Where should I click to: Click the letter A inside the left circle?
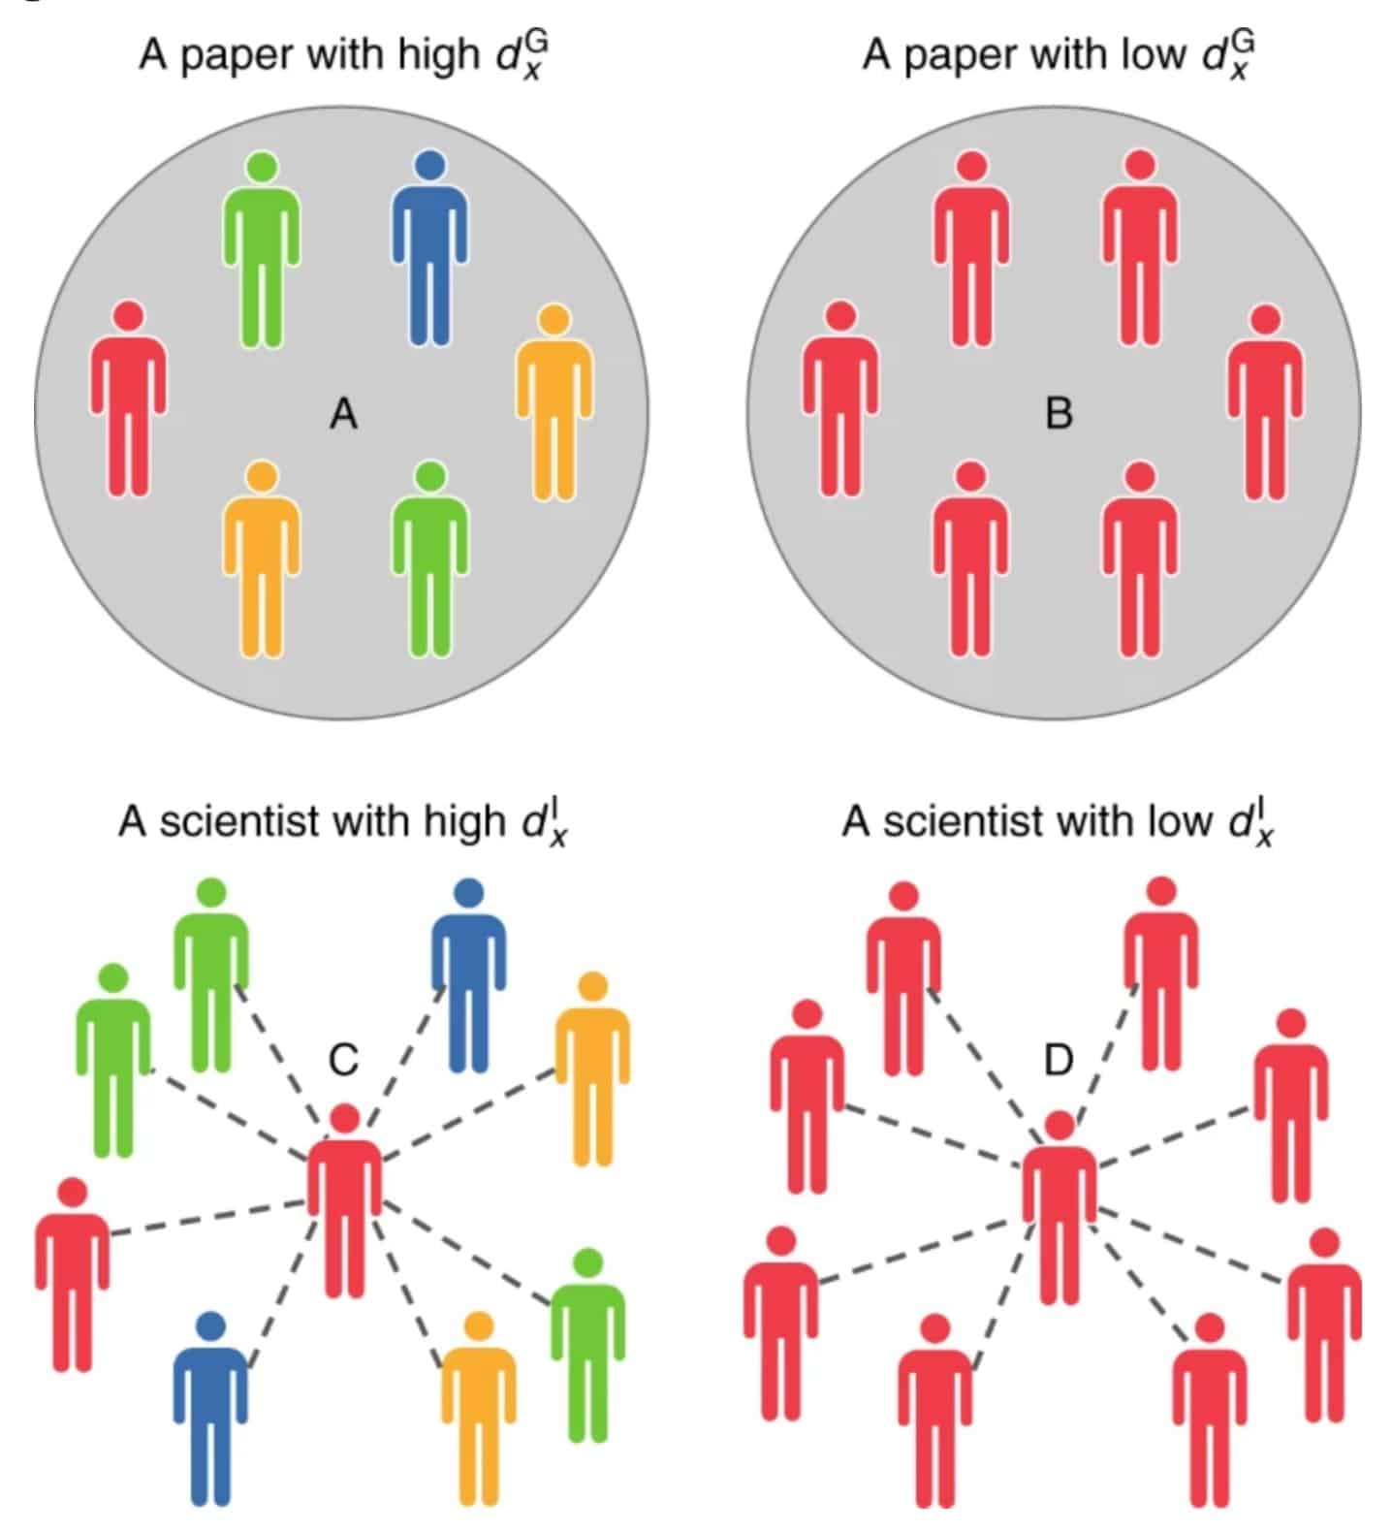pyautogui.click(x=344, y=415)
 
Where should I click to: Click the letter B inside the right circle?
pyautogui.click(x=1059, y=415)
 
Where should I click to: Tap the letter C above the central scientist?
pyautogui.click(x=344, y=1060)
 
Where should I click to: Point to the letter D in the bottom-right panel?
pyautogui.click(x=1059, y=1060)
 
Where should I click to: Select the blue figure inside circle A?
pyautogui.click(x=429, y=252)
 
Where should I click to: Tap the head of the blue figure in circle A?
pyautogui.click(x=429, y=166)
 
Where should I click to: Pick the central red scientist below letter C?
pyautogui.click(x=344, y=1207)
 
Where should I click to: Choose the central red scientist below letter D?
pyautogui.click(x=1060, y=1212)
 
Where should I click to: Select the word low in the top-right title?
pyautogui.click(x=1154, y=54)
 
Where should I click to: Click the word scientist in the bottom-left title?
pyautogui.click(x=238, y=822)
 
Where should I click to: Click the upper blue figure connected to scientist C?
pyautogui.click(x=468, y=979)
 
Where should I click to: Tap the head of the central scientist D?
pyautogui.click(x=1060, y=1125)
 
